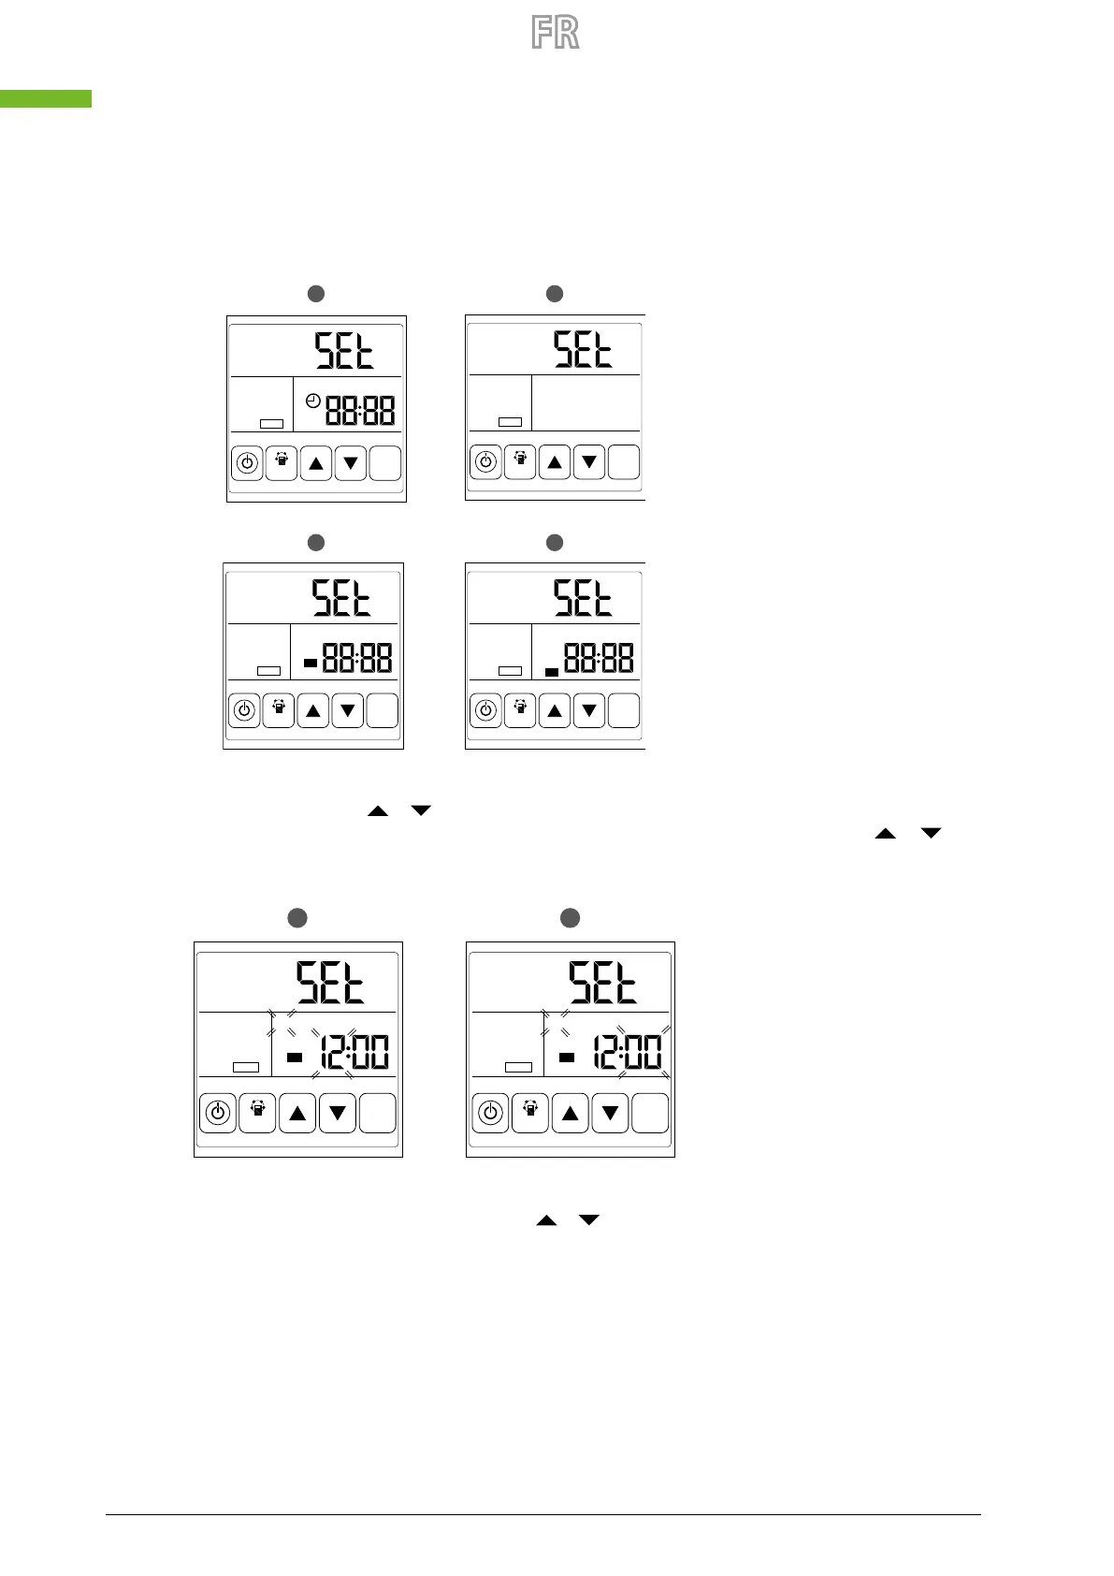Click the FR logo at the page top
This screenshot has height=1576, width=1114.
(x=556, y=33)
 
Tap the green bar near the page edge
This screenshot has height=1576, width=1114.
(x=46, y=98)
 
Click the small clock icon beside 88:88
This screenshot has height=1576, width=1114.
(x=313, y=401)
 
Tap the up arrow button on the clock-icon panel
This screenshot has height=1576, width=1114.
(x=316, y=463)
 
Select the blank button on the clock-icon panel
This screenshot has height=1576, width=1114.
(x=384, y=463)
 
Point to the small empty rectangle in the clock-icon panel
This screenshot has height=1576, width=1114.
(x=271, y=424)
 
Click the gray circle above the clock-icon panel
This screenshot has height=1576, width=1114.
(x=316, y=294)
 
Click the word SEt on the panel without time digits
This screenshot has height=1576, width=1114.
(x=583, y=349)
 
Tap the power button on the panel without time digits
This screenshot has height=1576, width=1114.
(x=485, y=461)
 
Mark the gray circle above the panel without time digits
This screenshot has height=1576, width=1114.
(x=555, y=294)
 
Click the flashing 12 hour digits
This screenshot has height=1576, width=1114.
(x=331, y=1053)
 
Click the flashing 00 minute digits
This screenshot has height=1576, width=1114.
(x=643, y=1053)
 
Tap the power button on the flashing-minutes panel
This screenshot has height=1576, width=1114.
(x=490, y=1113)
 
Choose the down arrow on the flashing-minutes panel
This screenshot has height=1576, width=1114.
(x=611, y=1113)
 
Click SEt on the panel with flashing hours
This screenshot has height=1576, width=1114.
(x=330, y=984)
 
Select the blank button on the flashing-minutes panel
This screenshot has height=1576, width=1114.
(x=650, y=1113)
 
